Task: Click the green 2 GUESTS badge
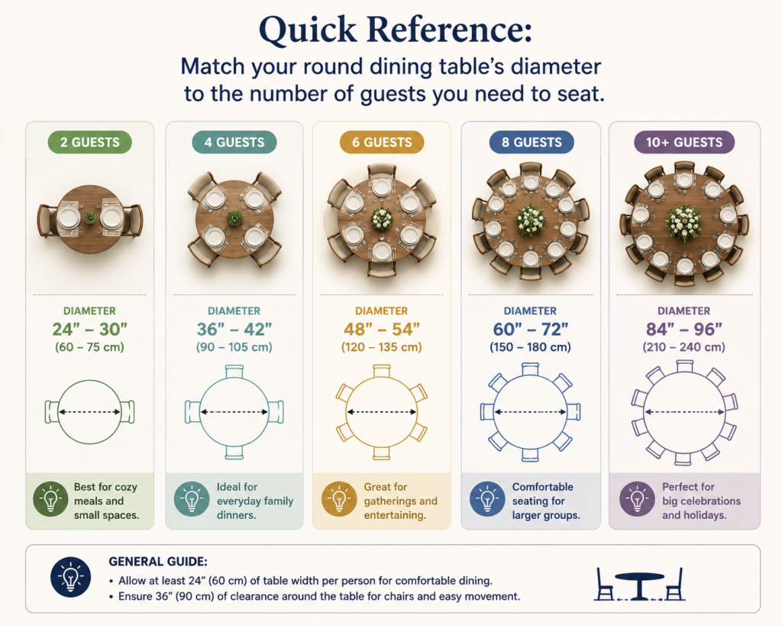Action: tap(90, 142)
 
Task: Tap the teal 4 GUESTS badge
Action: tap(234, 142)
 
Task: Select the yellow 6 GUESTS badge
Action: tap(382, 142)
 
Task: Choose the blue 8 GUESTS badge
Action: tap(532, 142)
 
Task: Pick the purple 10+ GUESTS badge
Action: tap(683, 142)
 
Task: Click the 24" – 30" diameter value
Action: tap(90, 329)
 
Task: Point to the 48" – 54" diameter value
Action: tap(382, 329)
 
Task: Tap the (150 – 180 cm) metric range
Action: tap(530, 347)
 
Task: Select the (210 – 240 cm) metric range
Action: tap(683, 347)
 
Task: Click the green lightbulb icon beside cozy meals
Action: tap(50, 498)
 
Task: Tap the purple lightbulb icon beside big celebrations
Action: tap(637, 498)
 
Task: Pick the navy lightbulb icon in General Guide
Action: tap(71, 578)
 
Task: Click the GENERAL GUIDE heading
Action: tap(157, 562)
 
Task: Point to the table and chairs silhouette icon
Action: tap(639, 583)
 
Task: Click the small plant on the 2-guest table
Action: tap(90, 218)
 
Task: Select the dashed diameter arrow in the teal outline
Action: tap(234, 412)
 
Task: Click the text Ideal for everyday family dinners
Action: tap(255, 501)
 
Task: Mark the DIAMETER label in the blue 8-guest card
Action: tap(530, 311)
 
